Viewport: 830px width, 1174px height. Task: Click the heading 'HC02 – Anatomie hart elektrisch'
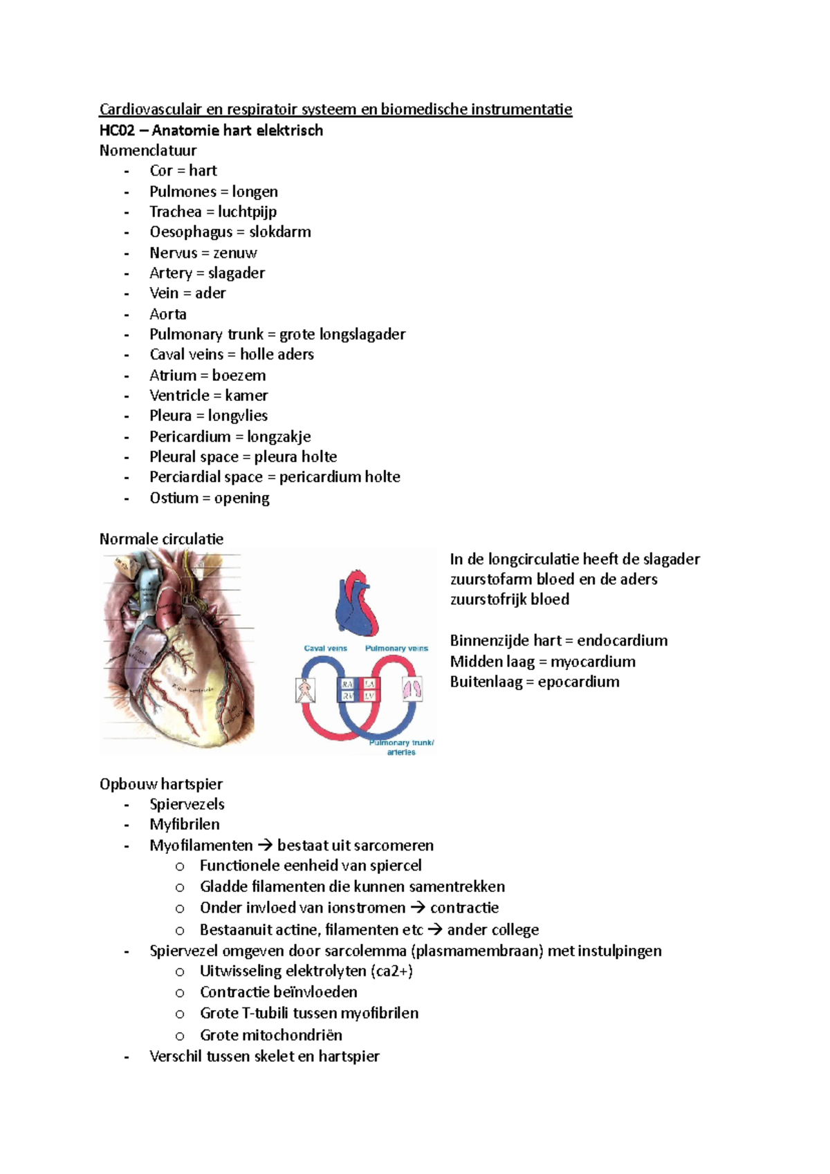[211, 130]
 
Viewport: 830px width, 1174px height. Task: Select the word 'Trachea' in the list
[175, 212]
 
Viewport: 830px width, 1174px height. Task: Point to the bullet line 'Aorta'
[168, 314]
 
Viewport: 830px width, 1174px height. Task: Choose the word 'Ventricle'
[179, 395]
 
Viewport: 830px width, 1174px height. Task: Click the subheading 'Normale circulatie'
[161, 539]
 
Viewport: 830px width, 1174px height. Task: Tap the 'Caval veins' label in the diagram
[325, 649]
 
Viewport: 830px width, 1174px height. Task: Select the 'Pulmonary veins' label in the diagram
[396, 649]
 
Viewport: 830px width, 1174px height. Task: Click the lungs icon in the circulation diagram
[412, 689]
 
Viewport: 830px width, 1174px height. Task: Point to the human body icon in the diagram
[304, 690]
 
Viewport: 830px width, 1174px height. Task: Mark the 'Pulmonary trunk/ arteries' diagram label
[401, 747]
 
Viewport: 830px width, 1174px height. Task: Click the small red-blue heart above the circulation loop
[357, 604]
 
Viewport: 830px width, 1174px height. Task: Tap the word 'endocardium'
[622, 640]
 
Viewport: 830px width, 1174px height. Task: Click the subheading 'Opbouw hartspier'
[161, 784]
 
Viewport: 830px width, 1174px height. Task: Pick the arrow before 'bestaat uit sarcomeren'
[265, 846]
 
